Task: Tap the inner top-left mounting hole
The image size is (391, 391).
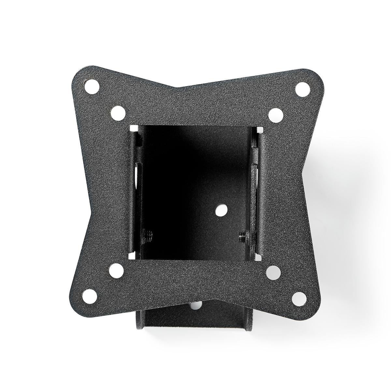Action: [116, 112]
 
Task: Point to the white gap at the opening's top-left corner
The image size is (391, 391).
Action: [132, 129]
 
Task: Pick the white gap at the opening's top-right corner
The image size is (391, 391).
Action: [260, 130]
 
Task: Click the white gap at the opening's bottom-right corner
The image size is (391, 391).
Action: [259, 257]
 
